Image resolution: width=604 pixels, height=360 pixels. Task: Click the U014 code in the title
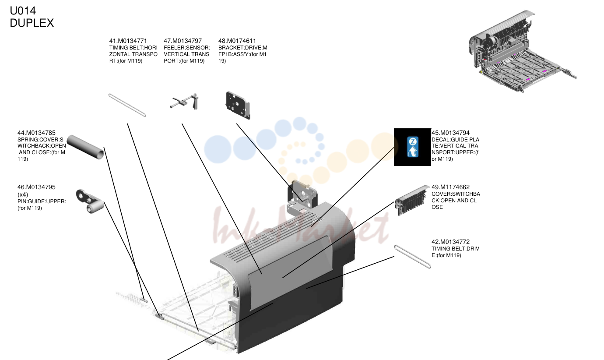[23, 11]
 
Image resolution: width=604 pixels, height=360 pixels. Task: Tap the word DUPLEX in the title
[32, 23]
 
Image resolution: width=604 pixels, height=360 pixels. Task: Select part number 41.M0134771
[128, 41]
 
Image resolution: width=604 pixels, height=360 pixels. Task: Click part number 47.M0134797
[183, 41]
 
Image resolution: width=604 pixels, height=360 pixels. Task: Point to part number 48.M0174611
[237, 41]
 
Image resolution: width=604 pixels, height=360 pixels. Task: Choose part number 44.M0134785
[36, 133]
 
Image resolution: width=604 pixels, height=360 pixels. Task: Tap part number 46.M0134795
[36, 187]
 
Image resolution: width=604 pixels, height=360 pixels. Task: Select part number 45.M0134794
[450, 133]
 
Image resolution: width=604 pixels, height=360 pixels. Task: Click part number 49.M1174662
[450, 187]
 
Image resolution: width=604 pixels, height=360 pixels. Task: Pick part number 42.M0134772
[450, 242]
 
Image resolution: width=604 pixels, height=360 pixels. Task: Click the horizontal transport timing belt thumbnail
[127, 105]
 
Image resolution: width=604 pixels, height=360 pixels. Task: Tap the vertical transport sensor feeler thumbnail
[184, 102]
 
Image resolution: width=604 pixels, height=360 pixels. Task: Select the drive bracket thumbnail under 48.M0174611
[238, 105]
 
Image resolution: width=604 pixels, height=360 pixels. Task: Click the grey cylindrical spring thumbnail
[85, 147]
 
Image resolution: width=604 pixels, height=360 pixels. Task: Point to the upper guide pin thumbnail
[90, 201]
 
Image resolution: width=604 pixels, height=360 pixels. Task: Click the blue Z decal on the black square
[413, 147]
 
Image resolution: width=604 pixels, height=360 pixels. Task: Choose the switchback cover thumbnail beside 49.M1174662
[412, 200]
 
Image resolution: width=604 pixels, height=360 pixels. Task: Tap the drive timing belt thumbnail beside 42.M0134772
[413, 257]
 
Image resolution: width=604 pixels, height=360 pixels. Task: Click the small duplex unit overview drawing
[523, 51]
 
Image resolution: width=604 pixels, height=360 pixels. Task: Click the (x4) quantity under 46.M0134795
[23, 194]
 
